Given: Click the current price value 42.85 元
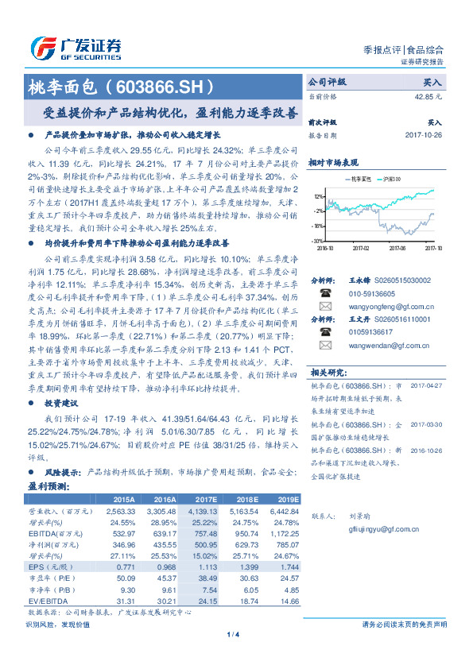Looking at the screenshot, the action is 427,96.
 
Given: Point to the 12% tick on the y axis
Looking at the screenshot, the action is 318,196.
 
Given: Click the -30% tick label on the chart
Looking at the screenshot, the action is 317,240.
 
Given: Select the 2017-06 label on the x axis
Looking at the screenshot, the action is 398,248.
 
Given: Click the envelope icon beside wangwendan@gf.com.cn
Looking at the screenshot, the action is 324,346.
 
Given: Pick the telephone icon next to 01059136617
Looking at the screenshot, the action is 324,332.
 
